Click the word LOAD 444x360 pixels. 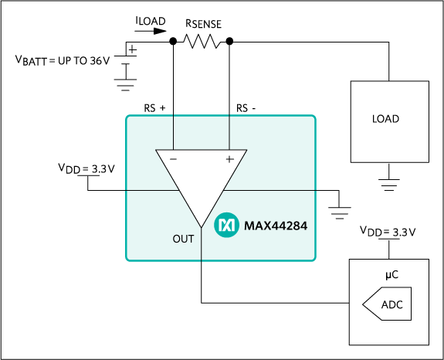click(385, 119)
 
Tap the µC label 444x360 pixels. click(391, 275)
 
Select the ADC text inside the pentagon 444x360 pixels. click(392, 304)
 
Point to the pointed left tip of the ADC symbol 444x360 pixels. click(364, 304)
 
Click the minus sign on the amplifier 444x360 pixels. click(173, 159)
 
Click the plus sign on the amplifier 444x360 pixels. click(229, 159)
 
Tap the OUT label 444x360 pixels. click(183, 239)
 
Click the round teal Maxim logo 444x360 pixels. click(226, 225)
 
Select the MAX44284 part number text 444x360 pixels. click(276, 226)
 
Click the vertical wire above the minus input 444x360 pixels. click(173, 132)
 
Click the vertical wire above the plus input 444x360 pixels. click(229, 132)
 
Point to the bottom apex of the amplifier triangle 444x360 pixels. click(202, 228)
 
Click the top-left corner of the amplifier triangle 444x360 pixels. click(157, 150)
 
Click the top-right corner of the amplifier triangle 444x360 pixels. click(246, 150)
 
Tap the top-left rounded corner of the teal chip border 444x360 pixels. click(128, 117)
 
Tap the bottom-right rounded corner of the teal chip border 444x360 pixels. click(314, 259)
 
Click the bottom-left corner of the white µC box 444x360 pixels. click(351, 343)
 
